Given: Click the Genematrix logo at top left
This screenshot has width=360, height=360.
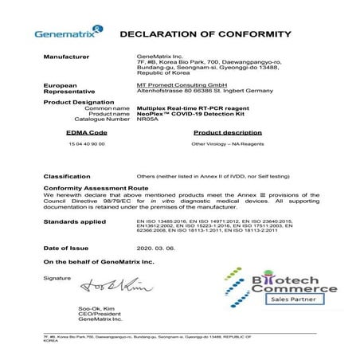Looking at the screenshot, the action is coord(66,35).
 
